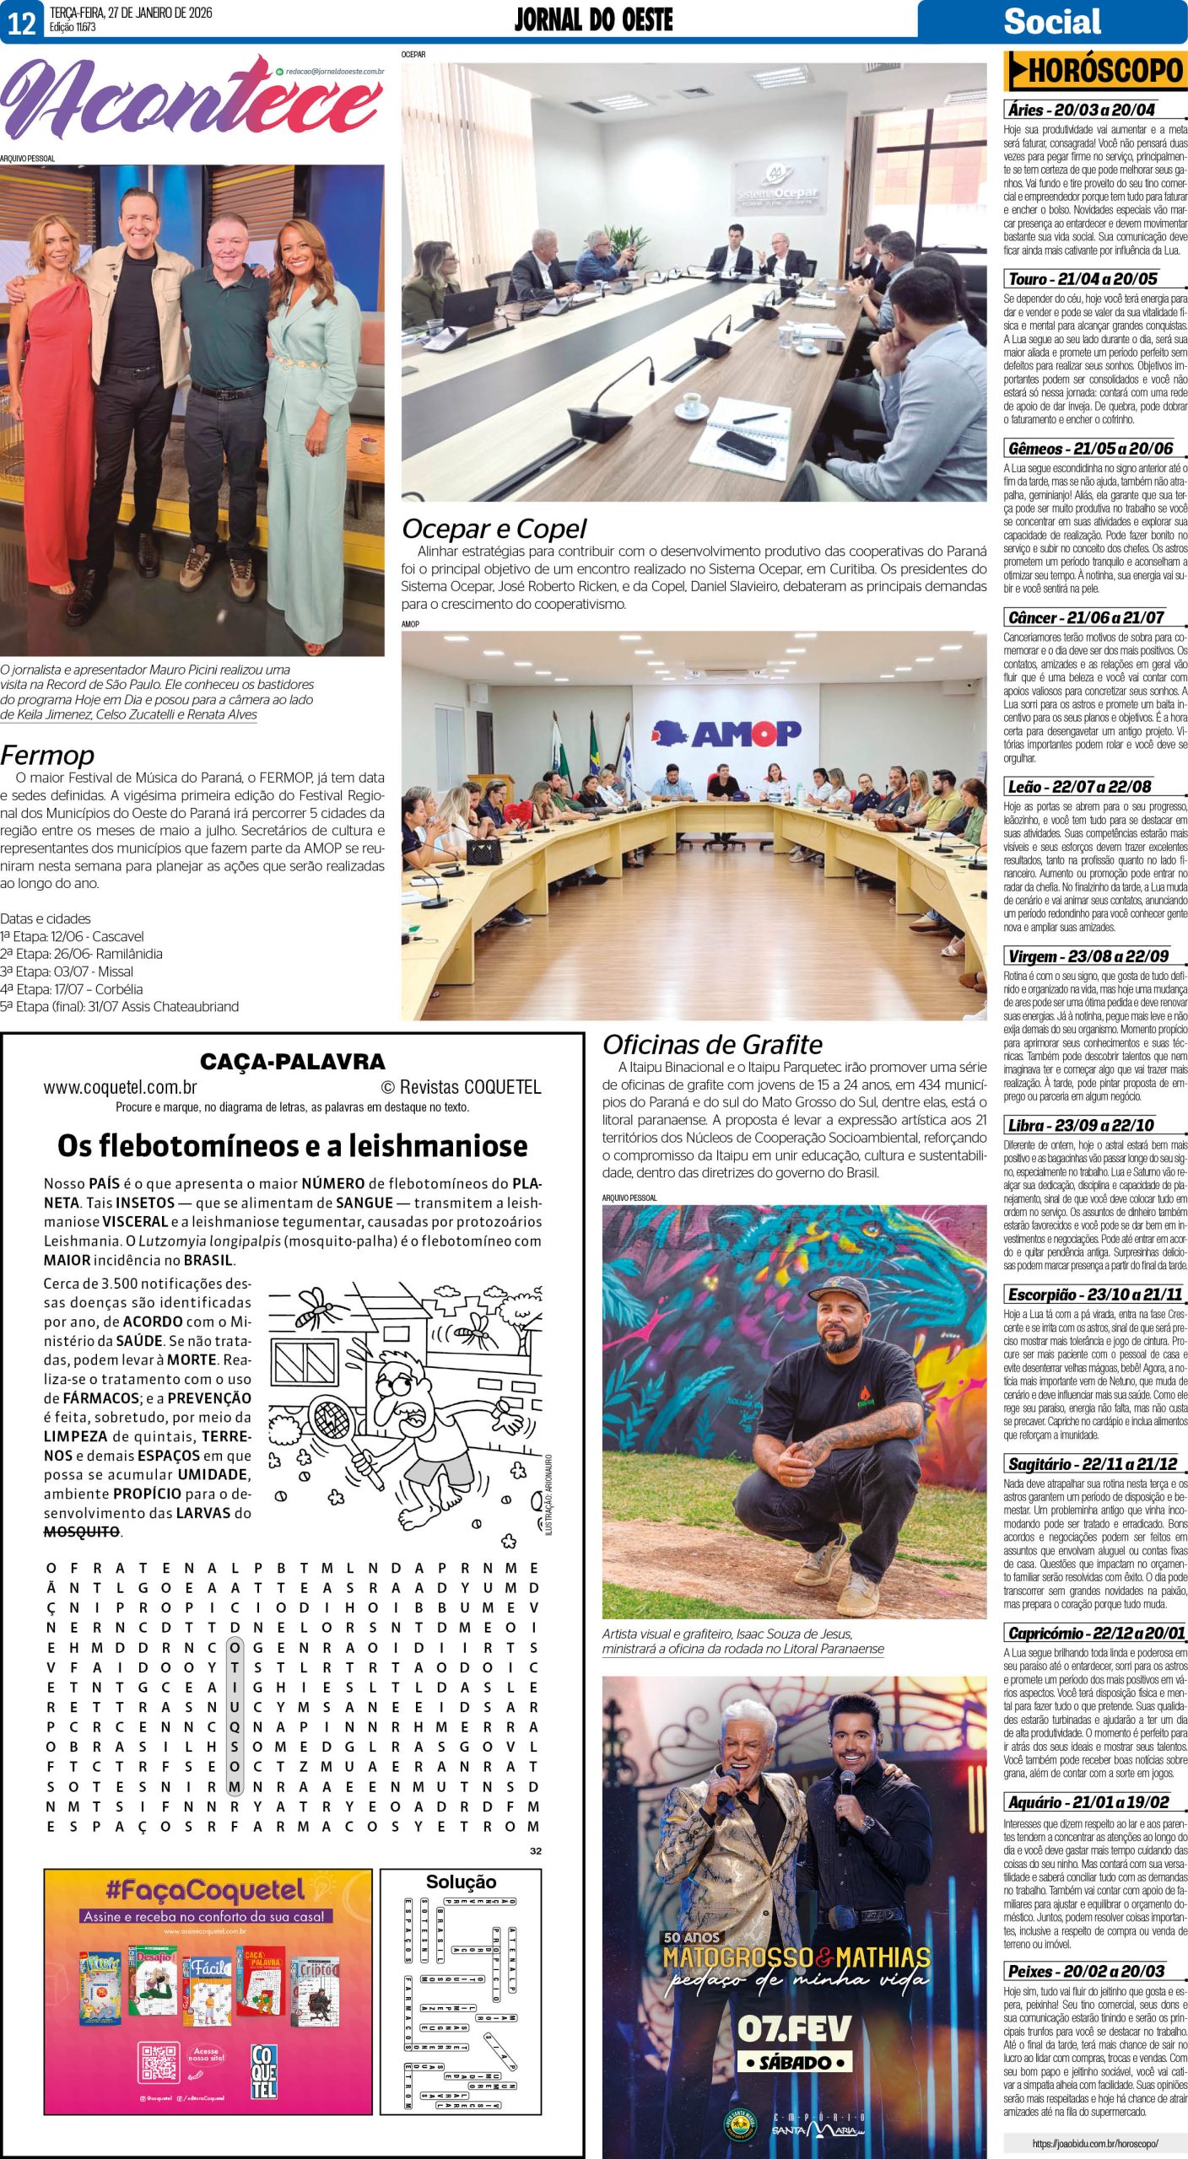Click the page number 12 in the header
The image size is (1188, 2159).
click(22, 22)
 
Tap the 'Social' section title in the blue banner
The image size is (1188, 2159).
click(1051, 21)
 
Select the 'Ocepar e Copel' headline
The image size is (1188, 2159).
click(494, 529)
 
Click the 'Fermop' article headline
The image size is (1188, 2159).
click(47, 754)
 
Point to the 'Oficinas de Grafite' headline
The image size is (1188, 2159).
click(712, 1045)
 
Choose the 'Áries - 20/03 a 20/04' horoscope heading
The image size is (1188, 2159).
click(1081, 110)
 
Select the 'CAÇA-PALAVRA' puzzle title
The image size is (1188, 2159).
click(292, 1062)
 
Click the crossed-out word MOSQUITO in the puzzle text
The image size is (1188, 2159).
click(82, 1532)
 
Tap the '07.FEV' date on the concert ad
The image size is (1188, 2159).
click(793, 2028)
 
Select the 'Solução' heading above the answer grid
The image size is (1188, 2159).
click(461, 1882)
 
